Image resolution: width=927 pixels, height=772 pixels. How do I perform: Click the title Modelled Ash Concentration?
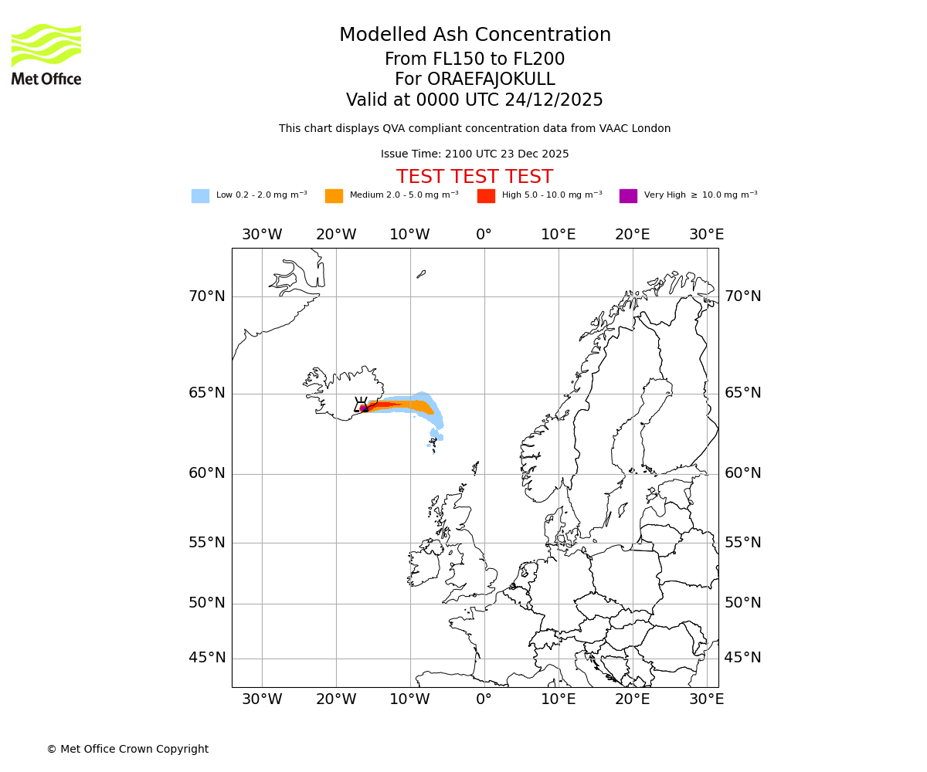point(474,36)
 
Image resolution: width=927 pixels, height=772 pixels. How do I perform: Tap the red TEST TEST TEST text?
point(474,177)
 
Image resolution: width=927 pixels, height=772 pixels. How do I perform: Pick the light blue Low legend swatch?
point(200,195)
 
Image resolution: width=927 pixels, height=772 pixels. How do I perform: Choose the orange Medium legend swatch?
point(334,195)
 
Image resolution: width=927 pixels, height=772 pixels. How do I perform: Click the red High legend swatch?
point(486,195)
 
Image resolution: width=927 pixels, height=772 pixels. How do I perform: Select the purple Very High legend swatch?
point(628,195)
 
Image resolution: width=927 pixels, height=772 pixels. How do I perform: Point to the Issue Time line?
point(474,154)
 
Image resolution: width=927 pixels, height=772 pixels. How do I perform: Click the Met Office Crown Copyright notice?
point(127,749)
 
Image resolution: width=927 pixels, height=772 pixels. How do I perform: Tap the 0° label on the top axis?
point(484,235)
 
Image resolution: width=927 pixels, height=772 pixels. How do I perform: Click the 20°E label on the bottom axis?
point(633,699)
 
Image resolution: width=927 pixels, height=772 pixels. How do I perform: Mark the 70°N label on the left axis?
point(207,296)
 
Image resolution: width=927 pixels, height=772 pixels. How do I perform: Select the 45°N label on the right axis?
point(742,658)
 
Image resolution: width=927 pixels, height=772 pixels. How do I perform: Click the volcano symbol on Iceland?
point(361,405)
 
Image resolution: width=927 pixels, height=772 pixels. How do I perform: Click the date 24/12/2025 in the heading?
point(554,100)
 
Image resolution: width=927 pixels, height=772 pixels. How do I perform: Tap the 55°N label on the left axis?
point(207,543)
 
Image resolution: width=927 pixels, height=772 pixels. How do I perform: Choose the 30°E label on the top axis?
point(706,235)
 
